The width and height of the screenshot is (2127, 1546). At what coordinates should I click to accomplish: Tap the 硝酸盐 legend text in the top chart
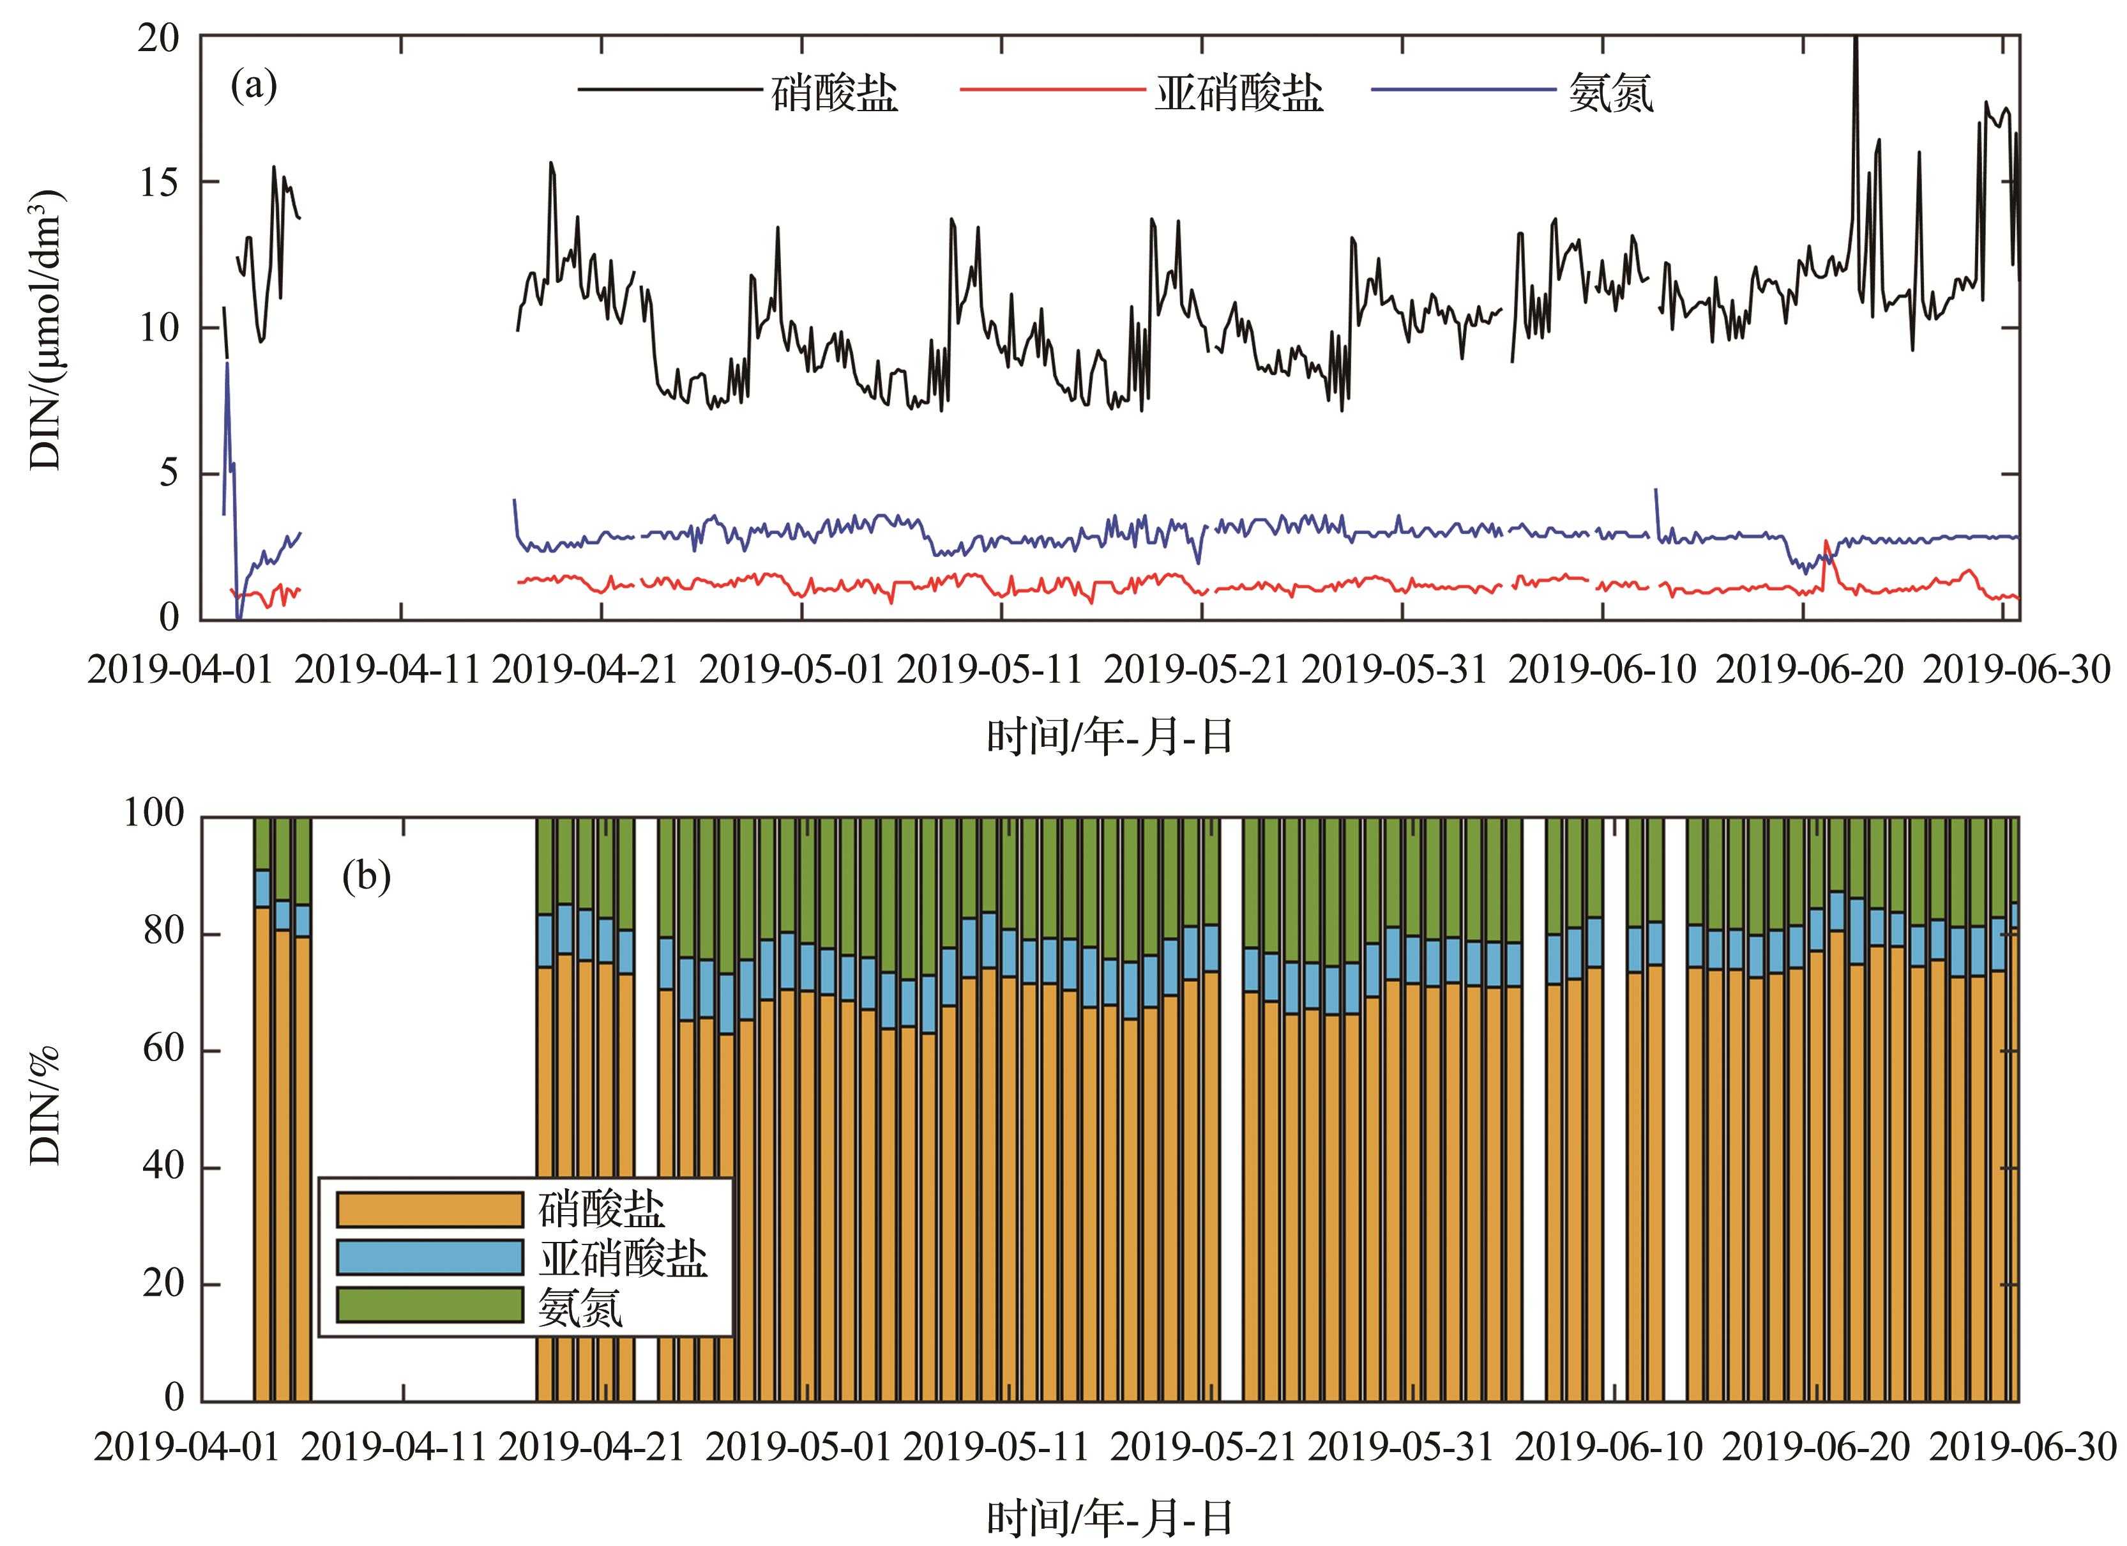(835, 94)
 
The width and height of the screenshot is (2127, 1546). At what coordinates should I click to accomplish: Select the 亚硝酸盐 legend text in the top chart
(1238, 94)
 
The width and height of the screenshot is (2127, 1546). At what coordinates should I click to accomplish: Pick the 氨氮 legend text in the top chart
(1610, 94)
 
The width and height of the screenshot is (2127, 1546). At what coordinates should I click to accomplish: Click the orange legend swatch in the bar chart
(428, 1209)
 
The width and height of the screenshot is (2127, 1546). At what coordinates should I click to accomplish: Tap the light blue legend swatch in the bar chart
(428, 1257)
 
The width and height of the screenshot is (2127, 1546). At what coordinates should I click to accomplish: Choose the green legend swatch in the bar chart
(428, 1305)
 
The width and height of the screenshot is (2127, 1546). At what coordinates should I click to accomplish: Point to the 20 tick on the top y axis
(160, 38)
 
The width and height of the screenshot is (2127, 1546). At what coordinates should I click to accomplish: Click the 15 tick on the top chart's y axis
(160, 182)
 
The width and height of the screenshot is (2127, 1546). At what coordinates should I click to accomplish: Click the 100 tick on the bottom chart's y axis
(154, 815)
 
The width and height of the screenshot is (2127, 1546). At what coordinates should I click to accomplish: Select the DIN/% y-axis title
(47, 1106)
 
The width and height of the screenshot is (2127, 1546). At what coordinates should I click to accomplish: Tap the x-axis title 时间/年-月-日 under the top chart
(1109, 737)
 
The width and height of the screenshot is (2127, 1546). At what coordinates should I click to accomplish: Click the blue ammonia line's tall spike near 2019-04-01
(227, 366)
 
